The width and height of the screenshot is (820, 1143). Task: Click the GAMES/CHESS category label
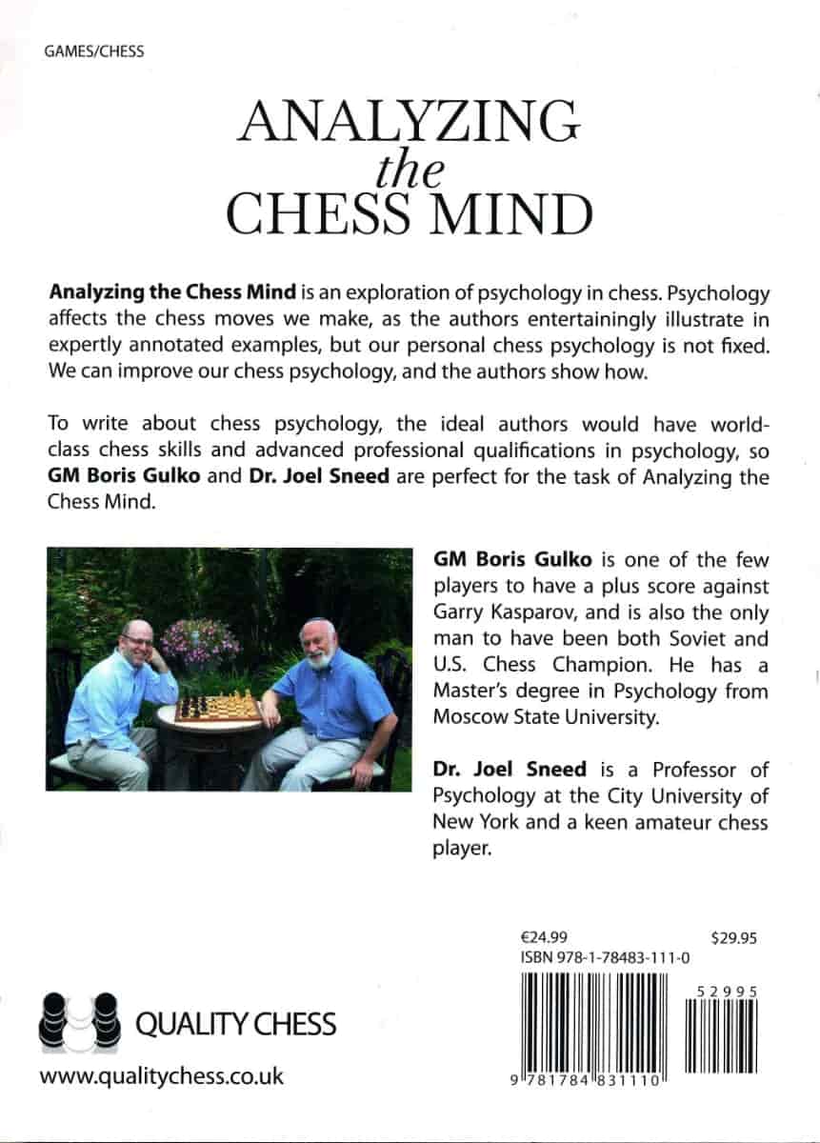point(94,50)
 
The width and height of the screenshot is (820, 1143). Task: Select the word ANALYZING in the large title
point(411,123)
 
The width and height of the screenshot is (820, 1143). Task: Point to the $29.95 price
point(733,937)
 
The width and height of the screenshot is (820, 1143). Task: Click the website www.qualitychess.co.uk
point(162,1077)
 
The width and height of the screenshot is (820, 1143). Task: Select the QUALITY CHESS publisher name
point(237,1024)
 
